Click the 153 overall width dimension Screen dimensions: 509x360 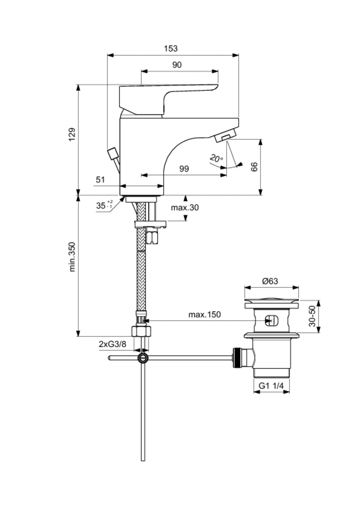171,49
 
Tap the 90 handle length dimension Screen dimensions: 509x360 177,65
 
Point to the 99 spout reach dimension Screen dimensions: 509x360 184,169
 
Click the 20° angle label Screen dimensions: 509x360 216,159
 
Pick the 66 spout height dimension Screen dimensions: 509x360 255,167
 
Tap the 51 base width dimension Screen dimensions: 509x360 101,179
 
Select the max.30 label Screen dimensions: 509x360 185,207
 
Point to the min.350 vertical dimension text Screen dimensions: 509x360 72,256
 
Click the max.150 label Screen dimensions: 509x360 204,315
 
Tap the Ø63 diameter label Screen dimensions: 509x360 270,281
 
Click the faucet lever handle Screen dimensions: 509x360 169,96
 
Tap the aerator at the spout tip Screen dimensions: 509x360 226,136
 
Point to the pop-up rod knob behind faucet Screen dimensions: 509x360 113,152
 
